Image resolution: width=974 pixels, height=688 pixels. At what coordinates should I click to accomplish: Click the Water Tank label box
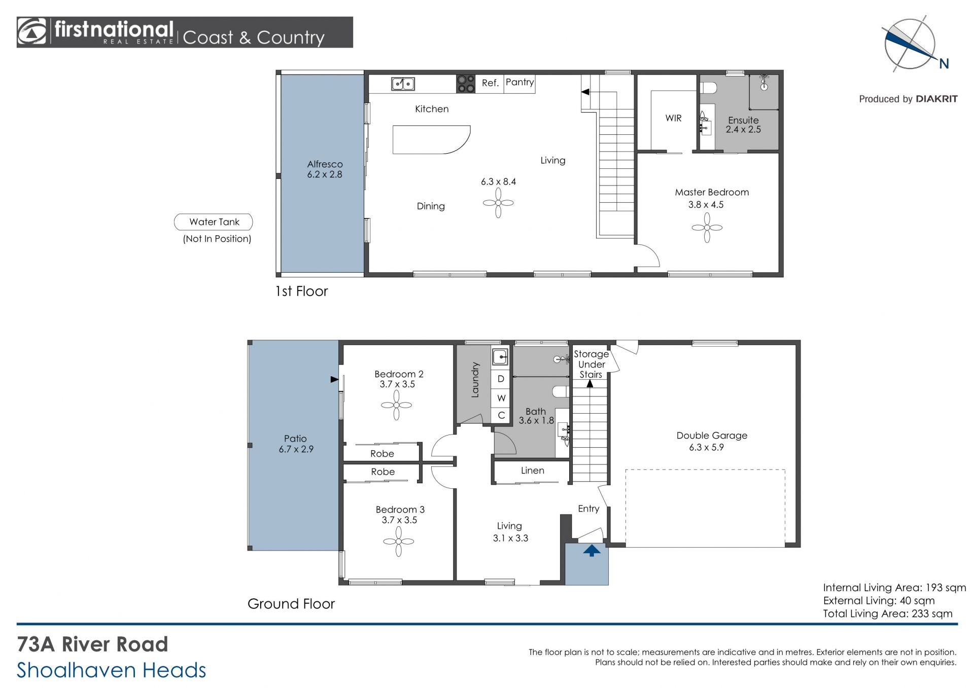tap(213, 222)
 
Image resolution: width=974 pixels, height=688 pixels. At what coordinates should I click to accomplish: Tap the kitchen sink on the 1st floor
tap(403, 84)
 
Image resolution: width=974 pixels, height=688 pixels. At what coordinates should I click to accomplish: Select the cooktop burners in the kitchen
tap(465, 84)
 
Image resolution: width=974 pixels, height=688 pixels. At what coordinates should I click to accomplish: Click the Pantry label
tap(519, 82)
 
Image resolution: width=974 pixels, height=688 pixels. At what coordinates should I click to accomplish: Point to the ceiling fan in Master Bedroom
tap(707, 228)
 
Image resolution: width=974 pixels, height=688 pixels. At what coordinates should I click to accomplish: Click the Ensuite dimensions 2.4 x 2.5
tap(743, 129)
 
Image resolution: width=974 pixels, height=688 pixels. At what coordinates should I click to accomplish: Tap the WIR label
tap(673, 118)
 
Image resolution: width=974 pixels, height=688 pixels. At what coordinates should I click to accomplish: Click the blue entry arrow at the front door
tap(592, 550)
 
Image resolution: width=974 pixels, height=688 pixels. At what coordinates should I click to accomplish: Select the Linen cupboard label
tap(532, 470)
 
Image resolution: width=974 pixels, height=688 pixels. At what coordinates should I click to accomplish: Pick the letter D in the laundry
tap(501, 379)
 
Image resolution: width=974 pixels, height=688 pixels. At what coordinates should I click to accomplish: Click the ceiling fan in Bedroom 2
tap(396, 405)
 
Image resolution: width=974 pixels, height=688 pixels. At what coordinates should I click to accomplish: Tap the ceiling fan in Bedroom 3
tap(398, 541)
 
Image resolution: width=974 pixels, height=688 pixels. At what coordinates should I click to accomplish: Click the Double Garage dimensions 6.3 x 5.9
tap(706, 447)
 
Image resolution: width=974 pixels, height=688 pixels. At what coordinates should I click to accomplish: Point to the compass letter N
tap(944, 63)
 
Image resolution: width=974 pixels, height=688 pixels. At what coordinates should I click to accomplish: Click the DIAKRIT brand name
tap(936, 99)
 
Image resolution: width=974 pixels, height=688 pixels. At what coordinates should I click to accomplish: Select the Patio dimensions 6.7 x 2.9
tap(296, 449)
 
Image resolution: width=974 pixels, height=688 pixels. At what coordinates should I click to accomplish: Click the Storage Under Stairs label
tap(591, 364)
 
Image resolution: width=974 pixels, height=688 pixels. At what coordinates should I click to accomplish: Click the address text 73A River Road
tap(92, 644)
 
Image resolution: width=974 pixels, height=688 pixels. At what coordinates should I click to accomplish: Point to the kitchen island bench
tap(431, 139)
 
